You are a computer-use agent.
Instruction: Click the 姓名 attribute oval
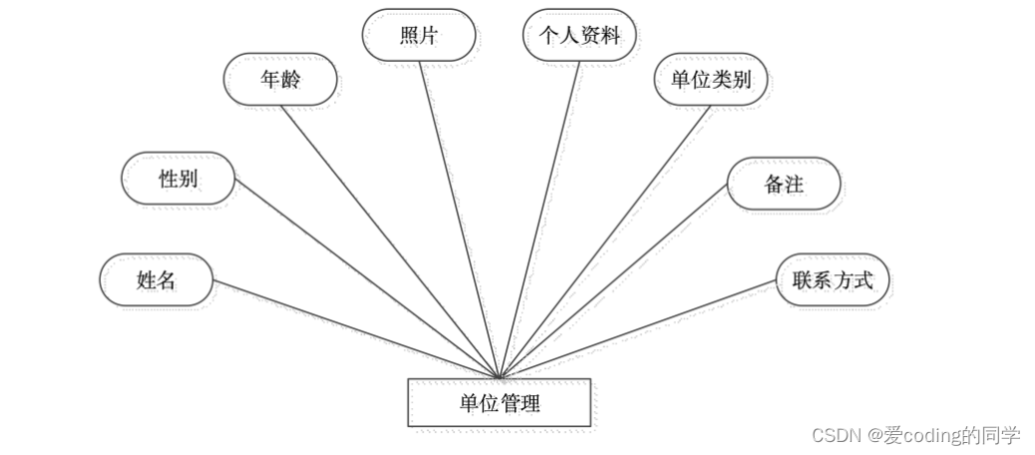[x=157, y=279]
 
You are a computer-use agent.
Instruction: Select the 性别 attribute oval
[x=178, y=180]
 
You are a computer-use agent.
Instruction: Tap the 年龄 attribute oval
[x=279, y=81]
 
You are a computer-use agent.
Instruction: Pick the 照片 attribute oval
[x=418, y=36]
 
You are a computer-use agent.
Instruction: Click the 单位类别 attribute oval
[x=711, y=81]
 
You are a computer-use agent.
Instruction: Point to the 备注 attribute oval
[x=784, y=184]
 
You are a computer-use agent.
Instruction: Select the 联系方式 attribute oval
[x=832, y=279]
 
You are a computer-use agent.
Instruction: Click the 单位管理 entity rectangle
[x=499, y=403]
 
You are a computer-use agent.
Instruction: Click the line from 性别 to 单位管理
[x=365, y=278]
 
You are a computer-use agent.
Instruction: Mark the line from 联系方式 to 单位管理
[x=638, y=328]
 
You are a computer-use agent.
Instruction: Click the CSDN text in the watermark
[x=836, y=435]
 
